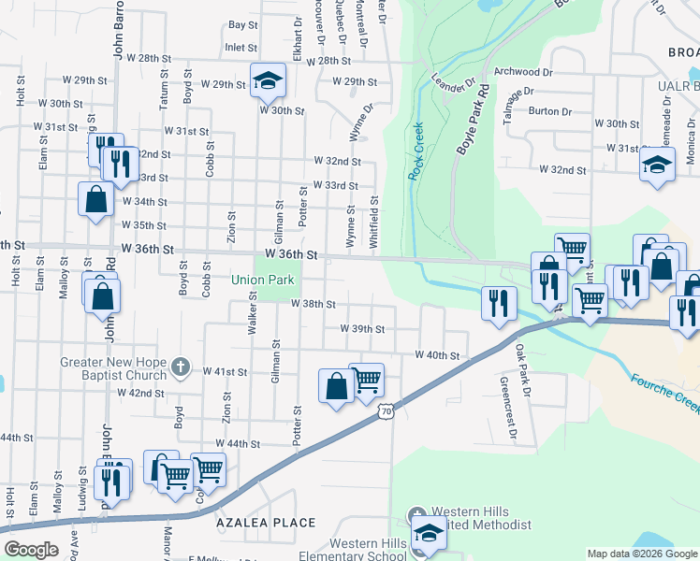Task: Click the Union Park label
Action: point(263,280)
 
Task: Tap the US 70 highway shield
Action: point(386,410)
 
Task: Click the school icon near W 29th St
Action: point(268,79)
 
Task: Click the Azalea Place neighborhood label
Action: point(266,522)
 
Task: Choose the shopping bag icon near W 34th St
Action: point(95,199)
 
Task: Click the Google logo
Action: point(31,550)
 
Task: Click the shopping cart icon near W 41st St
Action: point(367,380)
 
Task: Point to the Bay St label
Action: point(242,24)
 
